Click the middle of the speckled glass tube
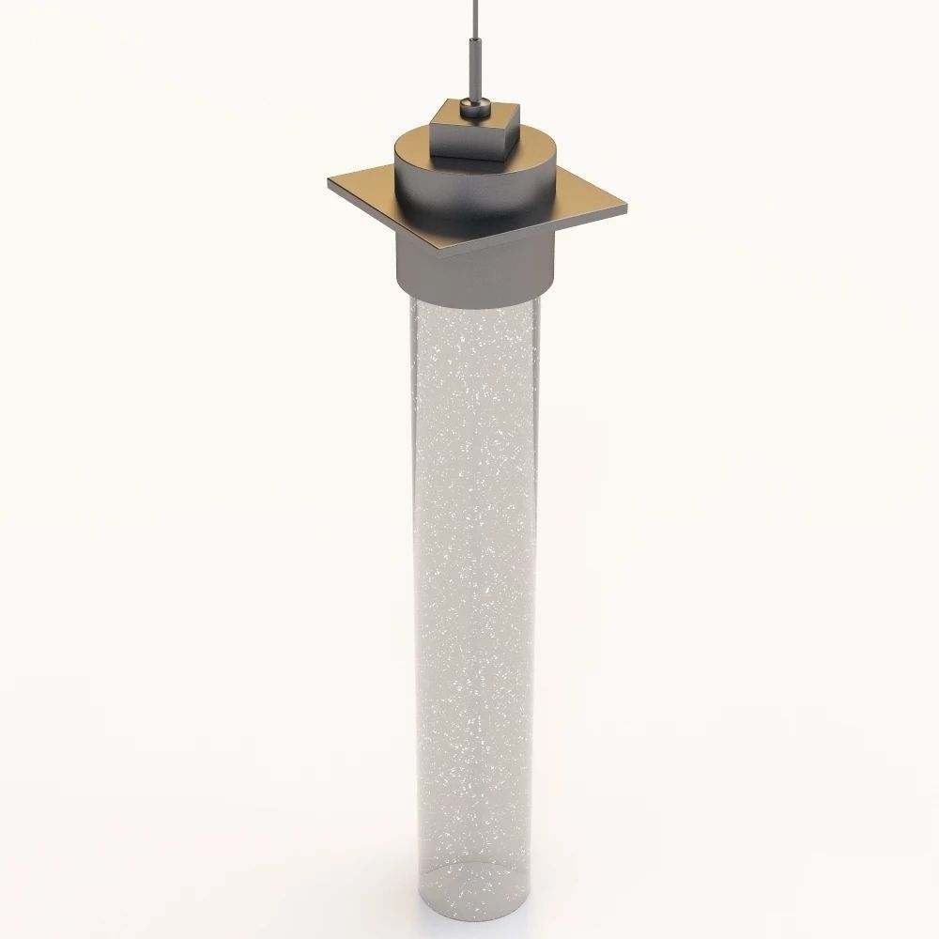[x=469, y=582]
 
